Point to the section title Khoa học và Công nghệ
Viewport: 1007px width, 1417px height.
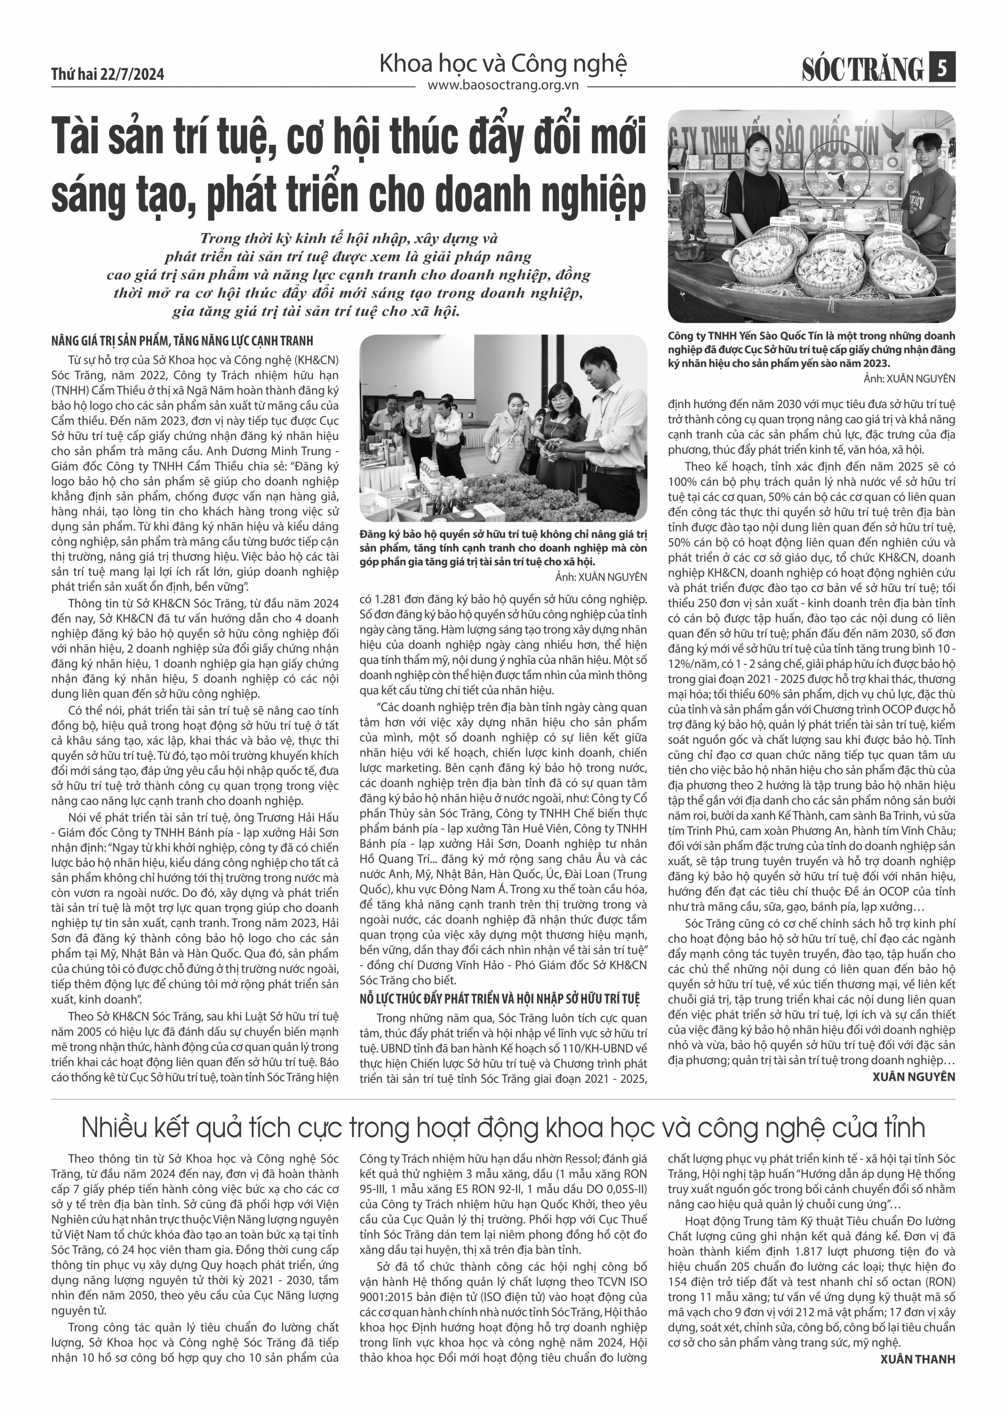pos(502,63)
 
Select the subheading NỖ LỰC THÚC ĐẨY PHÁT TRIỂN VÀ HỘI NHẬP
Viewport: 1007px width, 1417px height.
pos(499,999)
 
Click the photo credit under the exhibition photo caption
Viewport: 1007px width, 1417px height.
pos(601,577)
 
